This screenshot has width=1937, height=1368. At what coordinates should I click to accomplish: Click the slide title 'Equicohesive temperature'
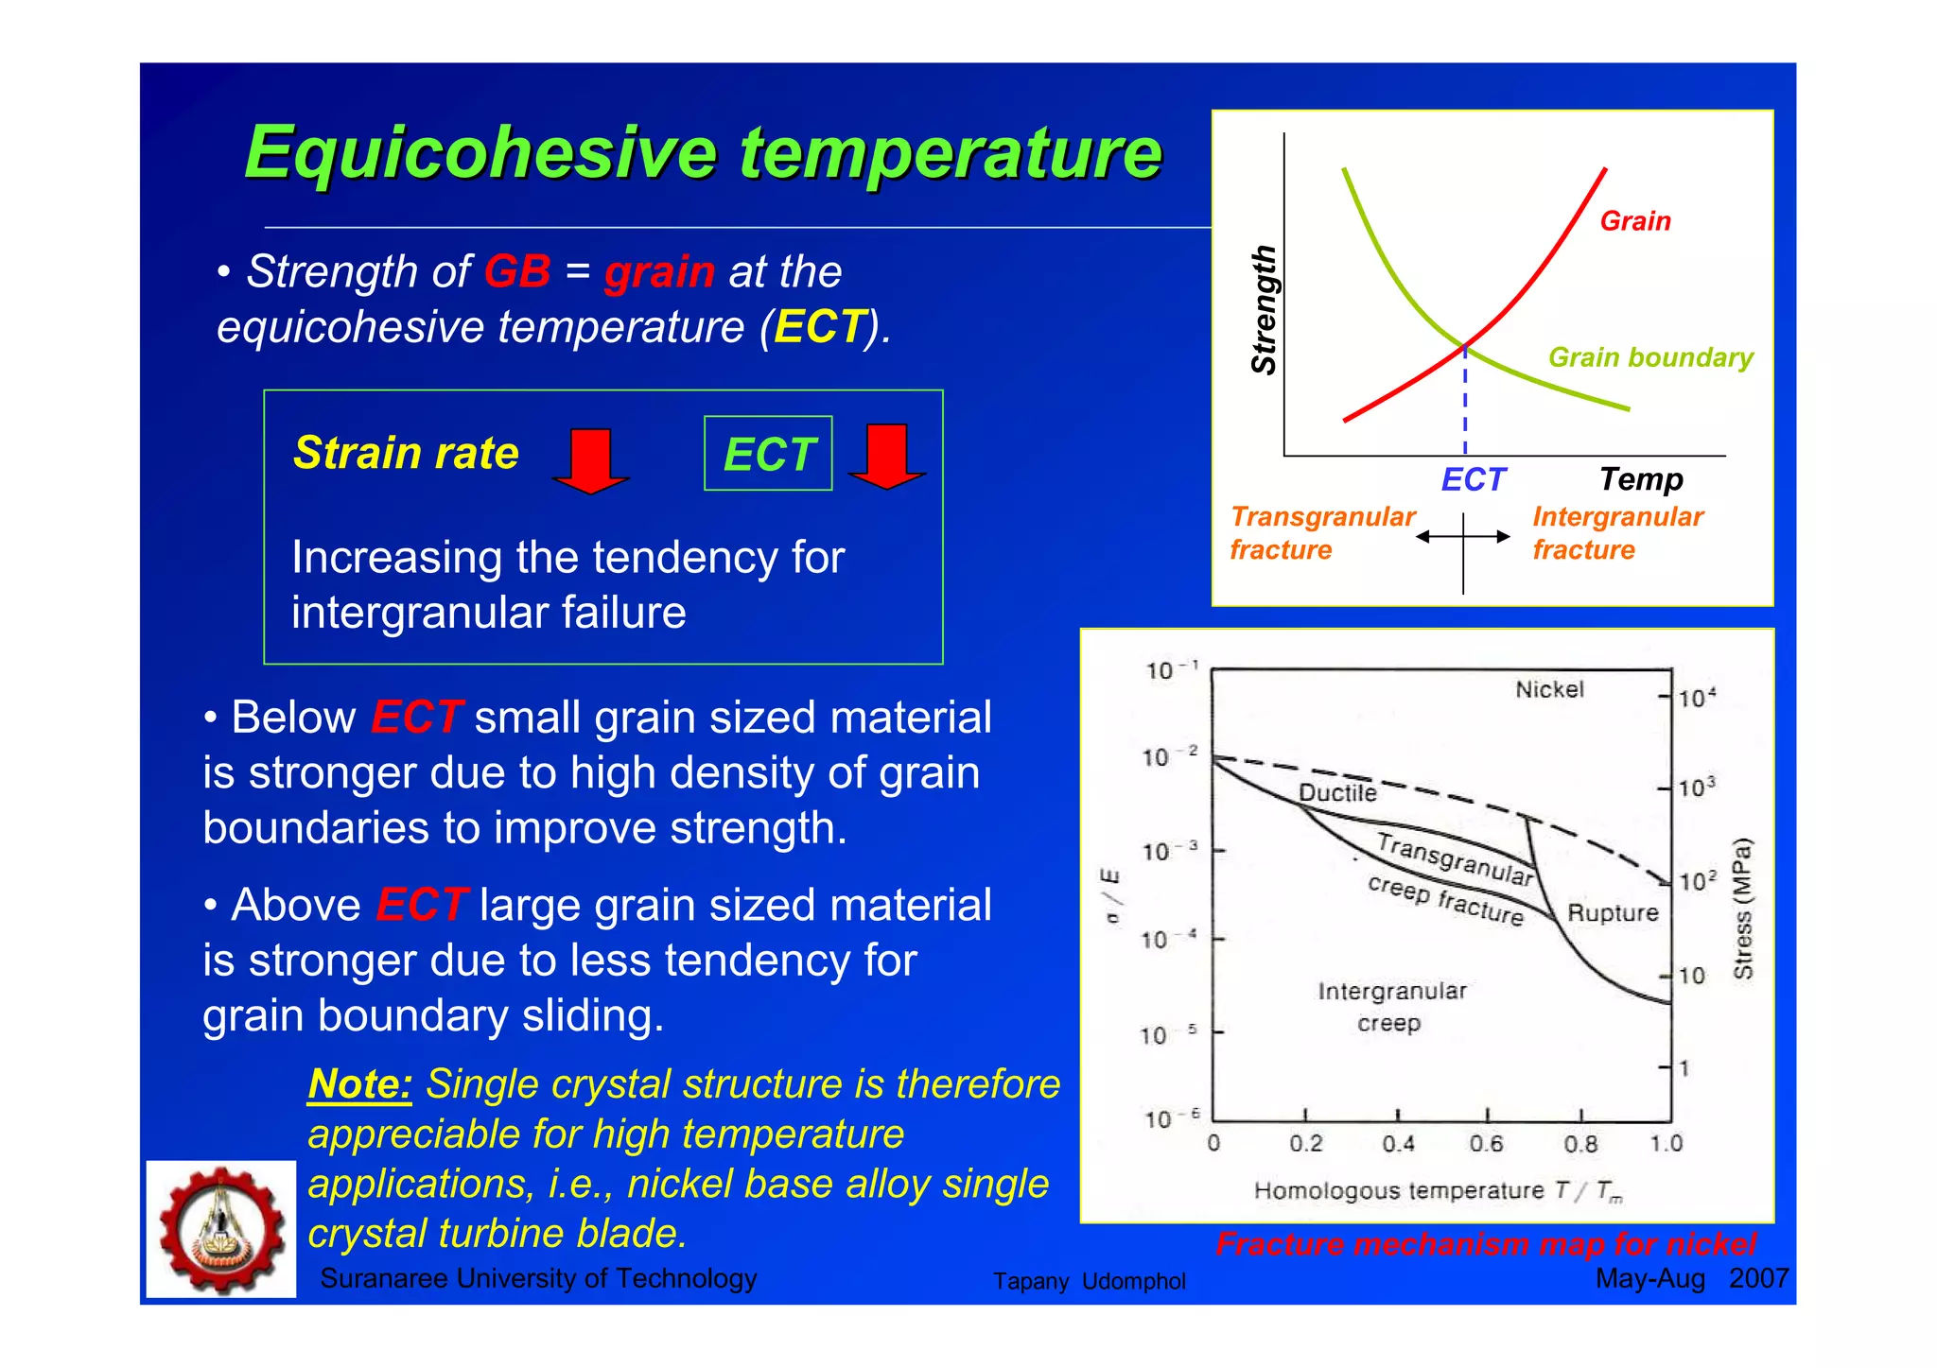[x=702, y=153]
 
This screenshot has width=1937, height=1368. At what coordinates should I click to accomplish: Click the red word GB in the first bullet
[x=516, y=272]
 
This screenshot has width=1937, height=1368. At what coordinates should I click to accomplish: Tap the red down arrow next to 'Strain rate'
[x=590, y=459]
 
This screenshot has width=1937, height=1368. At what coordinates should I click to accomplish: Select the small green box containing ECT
[x=768, y=454]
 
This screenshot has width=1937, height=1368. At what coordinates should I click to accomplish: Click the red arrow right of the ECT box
[x=886, y=456]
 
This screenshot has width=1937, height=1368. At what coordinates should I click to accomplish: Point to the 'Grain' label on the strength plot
[x=1634, y=221]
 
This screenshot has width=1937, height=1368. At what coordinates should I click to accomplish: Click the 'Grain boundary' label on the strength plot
[x=1650, y=357]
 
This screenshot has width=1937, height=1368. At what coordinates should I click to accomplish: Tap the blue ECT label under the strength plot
[x=1472, y=480]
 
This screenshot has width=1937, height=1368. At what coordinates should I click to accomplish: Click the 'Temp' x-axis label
[x=1641, y=479]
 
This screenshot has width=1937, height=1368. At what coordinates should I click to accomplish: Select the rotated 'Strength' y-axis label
[x=1264, y=310]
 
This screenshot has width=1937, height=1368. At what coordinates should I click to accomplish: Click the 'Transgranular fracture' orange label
[x=1321, y=533]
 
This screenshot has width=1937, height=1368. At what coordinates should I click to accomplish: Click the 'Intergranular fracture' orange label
[x=1617, y=533]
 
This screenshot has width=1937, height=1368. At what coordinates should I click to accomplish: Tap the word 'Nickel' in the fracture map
[x=1549, y=689]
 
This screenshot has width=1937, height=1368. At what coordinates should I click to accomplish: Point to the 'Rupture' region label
[x=1613, y=913]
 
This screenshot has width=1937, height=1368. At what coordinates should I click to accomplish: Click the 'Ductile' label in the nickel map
[x=1337, y=792]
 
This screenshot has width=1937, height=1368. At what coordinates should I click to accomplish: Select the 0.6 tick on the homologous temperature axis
[x=1486, y=1144]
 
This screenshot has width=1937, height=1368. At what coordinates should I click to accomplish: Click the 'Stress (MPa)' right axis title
[x=1742, y=908]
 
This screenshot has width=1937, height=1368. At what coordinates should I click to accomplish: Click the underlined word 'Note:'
[x=359, y=1083]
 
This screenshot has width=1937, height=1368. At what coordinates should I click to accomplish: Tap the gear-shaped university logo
[x=221, y=1229]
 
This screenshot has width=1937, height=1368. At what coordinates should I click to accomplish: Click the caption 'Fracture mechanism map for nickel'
[x=1486, y=1244]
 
